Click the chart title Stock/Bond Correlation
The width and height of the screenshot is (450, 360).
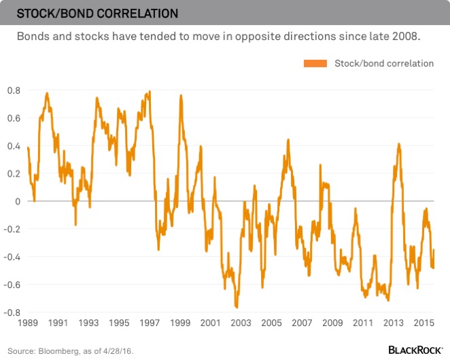[98, 13]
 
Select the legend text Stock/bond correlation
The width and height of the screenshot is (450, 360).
[384, 63]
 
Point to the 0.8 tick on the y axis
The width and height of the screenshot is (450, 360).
[14, 90]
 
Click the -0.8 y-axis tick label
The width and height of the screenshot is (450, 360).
[12, 313]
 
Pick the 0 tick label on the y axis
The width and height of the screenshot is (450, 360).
[18, 202]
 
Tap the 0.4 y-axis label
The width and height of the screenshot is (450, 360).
[14, 146]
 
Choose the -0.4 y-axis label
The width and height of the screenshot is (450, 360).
[12, 257]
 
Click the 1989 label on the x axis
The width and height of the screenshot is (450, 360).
[28, 323]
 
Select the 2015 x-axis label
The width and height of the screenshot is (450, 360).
[425, 323]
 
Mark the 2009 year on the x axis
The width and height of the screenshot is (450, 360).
[332, 323]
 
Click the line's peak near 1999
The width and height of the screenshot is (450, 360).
[181, 96]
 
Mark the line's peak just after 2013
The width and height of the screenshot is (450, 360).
[399, 144]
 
